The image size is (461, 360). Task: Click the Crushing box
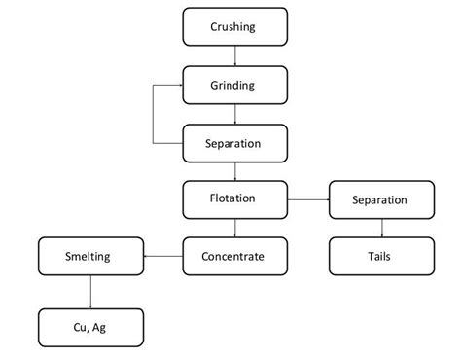click(234, 26)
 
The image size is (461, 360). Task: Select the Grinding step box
click(234, 85)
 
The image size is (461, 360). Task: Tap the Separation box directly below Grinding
click(234, 143)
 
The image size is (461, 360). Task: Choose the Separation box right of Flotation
click(381, 200)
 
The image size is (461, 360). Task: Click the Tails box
click(381, 257)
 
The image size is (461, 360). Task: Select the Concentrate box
click(234, 257)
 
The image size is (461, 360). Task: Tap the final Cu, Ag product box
click(89, 327)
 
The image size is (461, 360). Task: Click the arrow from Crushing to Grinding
click(234, 55)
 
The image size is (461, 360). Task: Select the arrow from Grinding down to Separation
click(234, 114)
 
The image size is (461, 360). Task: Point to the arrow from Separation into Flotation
click(234, 171)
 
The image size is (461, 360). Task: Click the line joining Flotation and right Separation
click(307, 200)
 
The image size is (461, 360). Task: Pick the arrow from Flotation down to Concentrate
click(234, 229)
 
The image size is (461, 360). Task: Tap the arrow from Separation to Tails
click(381, 229)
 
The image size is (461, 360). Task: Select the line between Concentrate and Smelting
click(162, 257)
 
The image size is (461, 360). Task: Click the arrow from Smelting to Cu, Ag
click(89, 292)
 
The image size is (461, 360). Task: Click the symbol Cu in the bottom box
click(80, 327)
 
